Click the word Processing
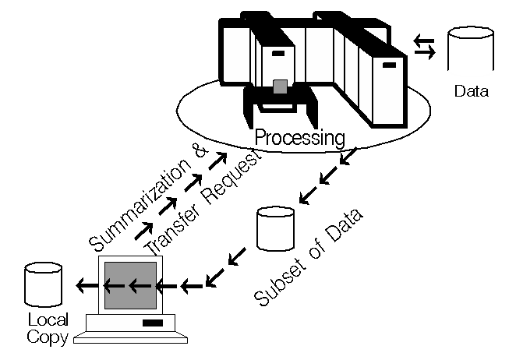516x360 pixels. pos(300,139)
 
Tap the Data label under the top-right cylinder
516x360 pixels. pos(471,92)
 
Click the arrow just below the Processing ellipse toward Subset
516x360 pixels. pos(350,159)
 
